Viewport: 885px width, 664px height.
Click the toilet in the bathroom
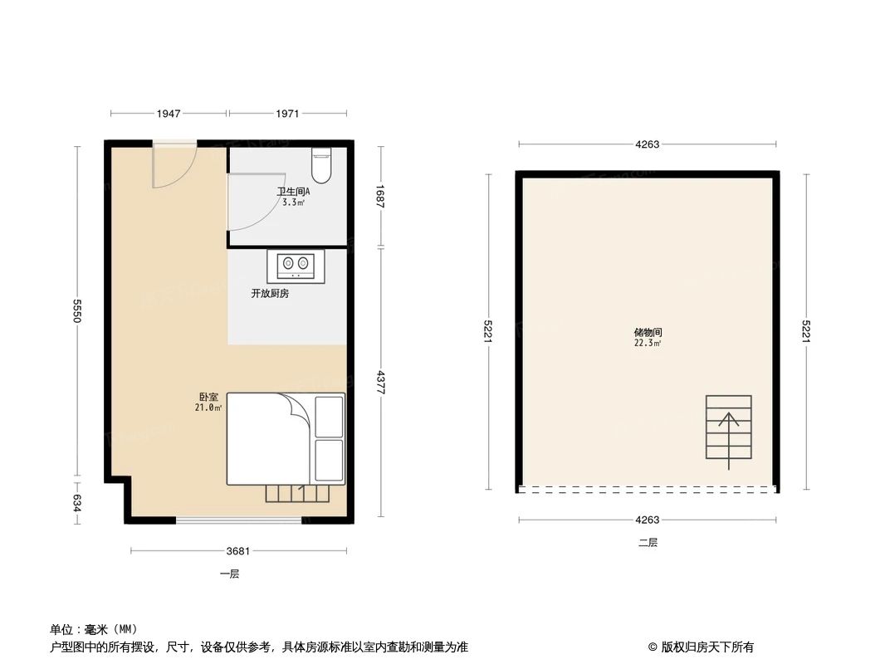321,165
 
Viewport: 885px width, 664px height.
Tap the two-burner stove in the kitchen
296,264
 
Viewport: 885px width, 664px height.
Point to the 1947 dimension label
169,113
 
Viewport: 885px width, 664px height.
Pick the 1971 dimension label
287,113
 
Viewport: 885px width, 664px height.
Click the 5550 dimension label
77,311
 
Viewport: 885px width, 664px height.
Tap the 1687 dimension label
381,195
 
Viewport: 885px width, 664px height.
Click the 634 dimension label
77,502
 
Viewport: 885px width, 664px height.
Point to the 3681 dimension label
238,551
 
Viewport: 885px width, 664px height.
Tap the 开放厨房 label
270,294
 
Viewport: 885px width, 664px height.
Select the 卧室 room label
208,398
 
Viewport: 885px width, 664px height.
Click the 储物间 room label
648,332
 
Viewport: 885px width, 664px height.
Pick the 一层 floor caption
230,574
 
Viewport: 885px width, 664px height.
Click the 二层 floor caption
648,543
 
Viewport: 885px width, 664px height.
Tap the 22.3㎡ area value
648,343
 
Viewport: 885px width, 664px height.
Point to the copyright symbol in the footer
653,647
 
